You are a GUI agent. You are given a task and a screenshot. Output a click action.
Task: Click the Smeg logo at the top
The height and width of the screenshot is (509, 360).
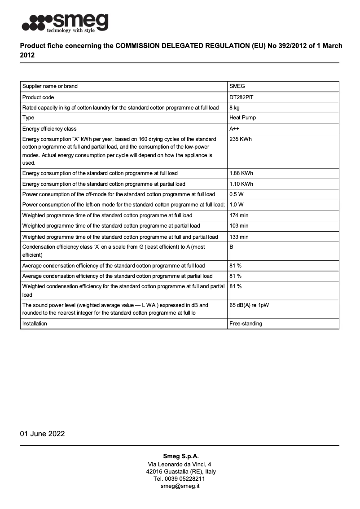66,22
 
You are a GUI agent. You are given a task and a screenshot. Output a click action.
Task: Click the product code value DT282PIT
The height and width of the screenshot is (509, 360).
242,97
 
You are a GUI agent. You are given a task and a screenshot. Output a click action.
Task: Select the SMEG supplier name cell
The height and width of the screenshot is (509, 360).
237,86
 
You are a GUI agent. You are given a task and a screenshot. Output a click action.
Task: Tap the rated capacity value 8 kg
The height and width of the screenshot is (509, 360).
234,108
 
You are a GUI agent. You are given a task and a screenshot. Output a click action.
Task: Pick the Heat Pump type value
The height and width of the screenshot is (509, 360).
242,118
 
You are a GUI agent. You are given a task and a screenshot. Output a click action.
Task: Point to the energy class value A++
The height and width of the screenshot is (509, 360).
234,129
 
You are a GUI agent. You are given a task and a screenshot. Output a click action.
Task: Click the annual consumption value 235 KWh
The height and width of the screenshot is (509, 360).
241,139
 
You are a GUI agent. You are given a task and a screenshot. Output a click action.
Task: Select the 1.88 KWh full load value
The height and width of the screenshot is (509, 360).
241,173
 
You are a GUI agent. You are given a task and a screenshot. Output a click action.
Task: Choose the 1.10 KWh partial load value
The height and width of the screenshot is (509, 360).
241,184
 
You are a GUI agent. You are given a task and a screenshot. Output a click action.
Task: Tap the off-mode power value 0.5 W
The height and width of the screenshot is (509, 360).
237,194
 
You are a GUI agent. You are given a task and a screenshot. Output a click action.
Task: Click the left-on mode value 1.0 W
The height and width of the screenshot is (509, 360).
237,205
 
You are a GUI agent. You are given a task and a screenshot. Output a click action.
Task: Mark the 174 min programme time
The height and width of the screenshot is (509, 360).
239,215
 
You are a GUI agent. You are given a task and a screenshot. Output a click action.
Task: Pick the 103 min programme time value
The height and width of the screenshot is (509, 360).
239,226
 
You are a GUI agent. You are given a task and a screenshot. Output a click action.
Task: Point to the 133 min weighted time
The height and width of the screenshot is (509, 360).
239,237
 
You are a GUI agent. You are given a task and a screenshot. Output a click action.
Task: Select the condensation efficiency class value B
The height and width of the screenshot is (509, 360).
232,247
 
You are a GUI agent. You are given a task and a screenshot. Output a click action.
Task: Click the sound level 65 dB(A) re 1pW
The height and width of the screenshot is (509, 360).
249,305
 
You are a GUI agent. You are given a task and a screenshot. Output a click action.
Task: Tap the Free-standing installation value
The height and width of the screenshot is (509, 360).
246,324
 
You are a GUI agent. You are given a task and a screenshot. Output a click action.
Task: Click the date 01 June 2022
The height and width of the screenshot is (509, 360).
42,434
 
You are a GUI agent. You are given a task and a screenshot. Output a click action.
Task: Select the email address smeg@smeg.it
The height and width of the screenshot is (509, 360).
180,486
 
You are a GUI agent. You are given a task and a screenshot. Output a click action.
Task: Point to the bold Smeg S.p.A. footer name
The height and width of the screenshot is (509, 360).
180,456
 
